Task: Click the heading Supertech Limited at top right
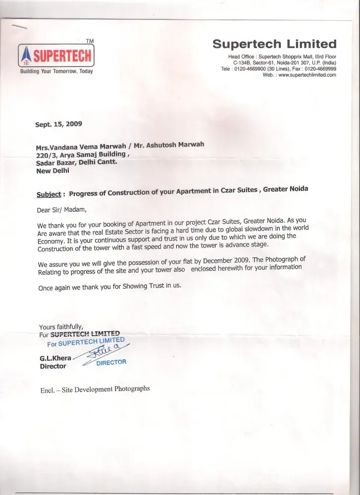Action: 274,44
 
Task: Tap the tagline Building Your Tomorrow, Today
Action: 56,72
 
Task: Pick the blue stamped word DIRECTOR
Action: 111,363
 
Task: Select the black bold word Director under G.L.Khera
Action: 52,366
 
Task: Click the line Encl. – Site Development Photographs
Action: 95,390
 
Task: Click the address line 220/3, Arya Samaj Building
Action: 82,155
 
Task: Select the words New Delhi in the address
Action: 53,171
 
